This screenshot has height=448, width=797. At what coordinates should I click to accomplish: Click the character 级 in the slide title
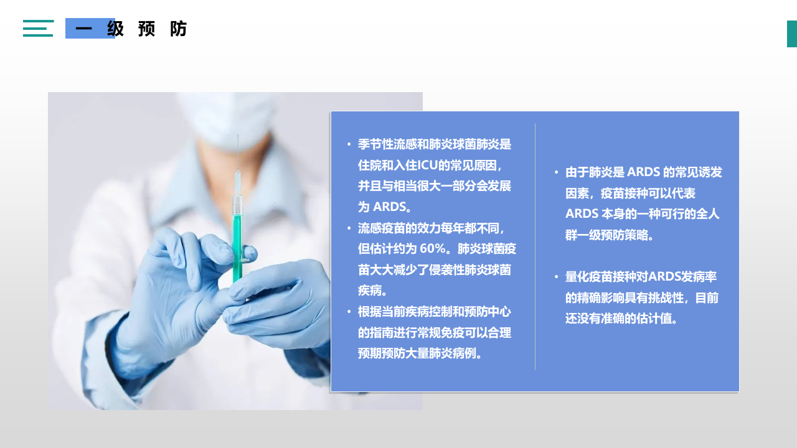115,29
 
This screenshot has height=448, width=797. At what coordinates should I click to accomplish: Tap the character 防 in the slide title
178,29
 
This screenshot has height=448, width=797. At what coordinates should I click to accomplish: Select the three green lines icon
39,28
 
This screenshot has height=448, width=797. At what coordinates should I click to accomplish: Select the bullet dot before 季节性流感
349,144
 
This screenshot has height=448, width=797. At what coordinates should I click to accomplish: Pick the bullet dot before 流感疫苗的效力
349,228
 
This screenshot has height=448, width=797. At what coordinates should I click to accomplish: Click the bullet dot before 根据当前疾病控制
349,312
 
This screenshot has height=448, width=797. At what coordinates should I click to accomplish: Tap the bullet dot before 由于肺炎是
557,172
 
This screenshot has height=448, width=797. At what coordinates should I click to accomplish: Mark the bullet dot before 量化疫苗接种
557,277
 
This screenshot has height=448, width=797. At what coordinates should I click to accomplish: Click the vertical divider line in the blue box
535,247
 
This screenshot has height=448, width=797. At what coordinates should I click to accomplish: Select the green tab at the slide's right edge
792,34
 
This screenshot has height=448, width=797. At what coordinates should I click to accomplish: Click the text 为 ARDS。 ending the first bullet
385,207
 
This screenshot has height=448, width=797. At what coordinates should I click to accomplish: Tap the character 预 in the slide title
146,29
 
